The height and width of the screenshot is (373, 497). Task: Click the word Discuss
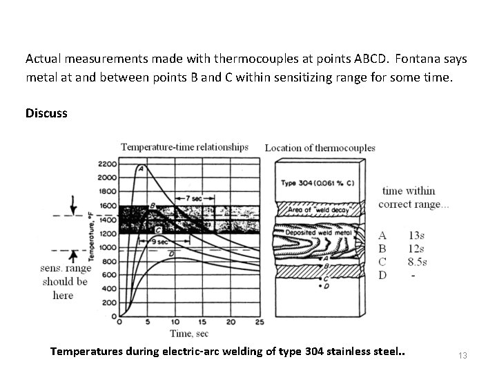click(x=46, y=113)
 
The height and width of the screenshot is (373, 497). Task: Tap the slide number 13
click(x=462, y=355)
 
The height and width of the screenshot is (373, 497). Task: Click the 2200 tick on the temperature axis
click(x=108, y=164)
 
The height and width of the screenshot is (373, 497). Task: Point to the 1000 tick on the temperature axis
click(x=108, y=248)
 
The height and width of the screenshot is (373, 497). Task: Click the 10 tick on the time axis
click(x=175, y=322)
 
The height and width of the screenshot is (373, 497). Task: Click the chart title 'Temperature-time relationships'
click(x=184, y=146)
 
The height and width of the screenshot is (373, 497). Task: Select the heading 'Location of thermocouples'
click(x=320, y=147)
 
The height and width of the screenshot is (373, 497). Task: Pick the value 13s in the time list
click(x=417, y=235)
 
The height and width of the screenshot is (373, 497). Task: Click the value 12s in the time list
click(x=417, y=249)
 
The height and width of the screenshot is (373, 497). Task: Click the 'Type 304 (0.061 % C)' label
click(x=318, y=183)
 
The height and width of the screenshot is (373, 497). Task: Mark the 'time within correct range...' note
click(x=409, y=198)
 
